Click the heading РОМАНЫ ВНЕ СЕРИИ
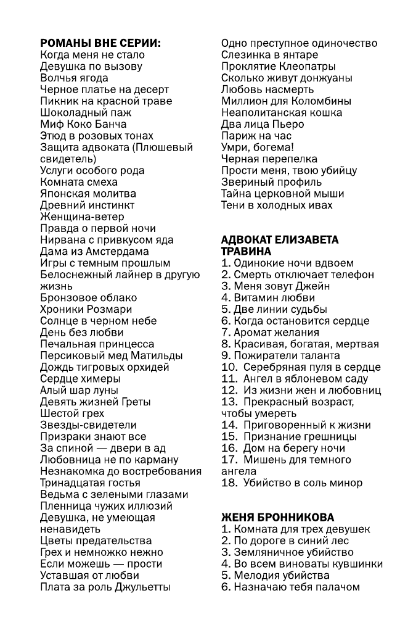[100, 43]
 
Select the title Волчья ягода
[74, 78]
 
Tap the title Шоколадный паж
[86, 112]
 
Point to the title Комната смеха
[78, 182]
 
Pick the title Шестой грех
[72, 413]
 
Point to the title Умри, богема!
[258, 147]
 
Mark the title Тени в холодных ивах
[277, 205]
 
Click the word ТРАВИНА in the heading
[246, 251]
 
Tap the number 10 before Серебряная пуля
[227, 367]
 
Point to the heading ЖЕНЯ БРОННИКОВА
[278, 517]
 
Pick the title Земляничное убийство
[287, 552]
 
